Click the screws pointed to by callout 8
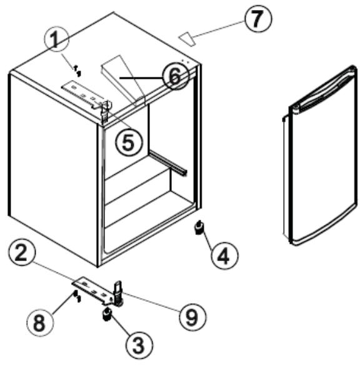(x=76, y=295)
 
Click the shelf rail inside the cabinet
(x=168, y=160)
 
